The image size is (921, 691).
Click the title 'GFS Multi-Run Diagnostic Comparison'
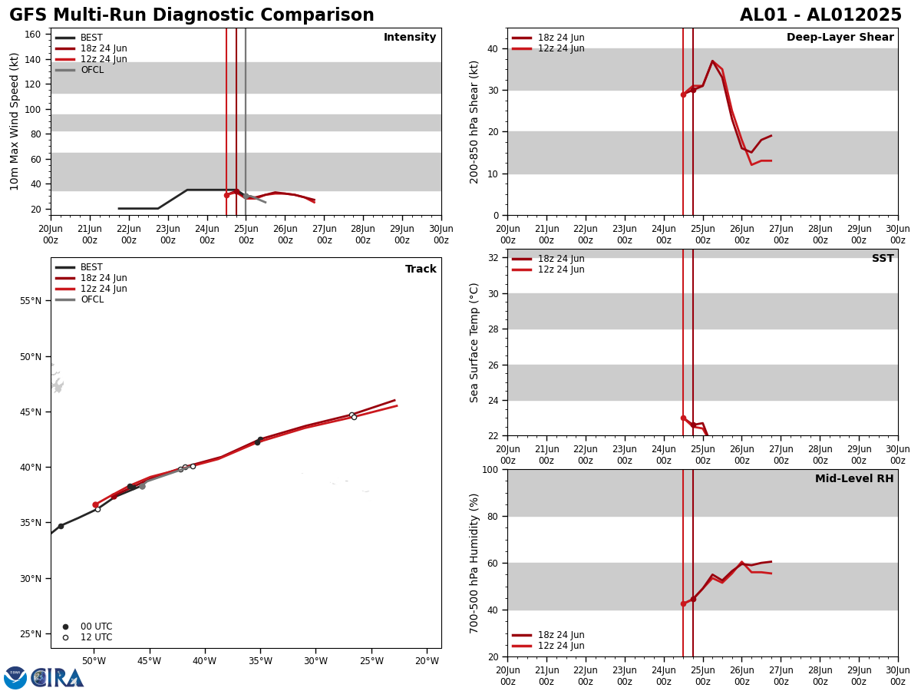click(x=192, y=15)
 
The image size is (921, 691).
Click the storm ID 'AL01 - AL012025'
click(x=820, y=15)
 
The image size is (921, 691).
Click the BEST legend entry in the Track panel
click(x=91, y=267)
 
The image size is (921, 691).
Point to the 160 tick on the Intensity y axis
click(x=33, y=35)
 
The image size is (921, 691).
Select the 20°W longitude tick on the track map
click(x=427, y=661)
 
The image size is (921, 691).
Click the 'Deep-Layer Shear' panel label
click(x=840, y=38)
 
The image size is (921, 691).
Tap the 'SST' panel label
click(x=883, y=259)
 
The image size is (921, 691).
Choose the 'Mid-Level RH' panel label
click(x=854, y=479)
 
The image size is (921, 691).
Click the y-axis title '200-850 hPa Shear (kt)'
click(x=474, y=121)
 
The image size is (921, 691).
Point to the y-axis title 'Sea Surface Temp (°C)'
click(x=474, y=342)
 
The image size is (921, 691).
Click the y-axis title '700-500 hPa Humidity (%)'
click(x=474, y=563)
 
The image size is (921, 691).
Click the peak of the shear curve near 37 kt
click(x=712, y=61)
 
